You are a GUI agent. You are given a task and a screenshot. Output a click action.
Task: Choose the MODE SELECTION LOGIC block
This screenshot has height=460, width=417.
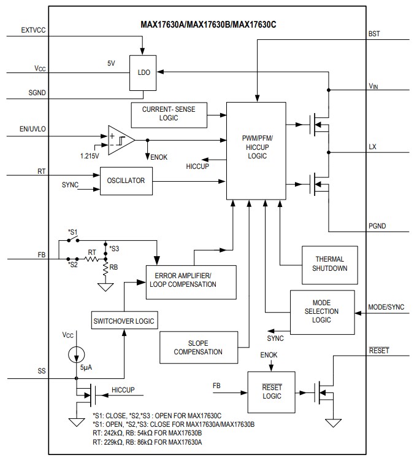click(321, 311)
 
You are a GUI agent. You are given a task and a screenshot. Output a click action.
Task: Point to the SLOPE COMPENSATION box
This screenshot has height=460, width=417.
click(197, 348)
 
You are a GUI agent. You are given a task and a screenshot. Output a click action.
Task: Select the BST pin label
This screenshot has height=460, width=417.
click(374, 34)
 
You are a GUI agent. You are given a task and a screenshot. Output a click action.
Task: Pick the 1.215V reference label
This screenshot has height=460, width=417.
click(89, 156)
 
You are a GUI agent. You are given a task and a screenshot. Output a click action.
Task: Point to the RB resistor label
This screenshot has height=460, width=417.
click(115, 267)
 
